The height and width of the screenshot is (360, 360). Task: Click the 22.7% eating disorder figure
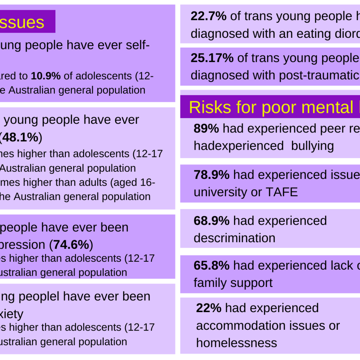point(208,16)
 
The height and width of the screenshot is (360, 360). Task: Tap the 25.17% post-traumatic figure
point(212,58)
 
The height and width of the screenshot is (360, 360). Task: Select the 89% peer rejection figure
point(206,128)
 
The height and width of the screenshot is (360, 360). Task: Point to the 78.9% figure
point(211,175)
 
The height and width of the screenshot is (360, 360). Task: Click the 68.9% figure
point(211,221)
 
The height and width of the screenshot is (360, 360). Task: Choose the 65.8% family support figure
point(211,265)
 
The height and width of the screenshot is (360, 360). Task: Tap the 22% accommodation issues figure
point(209,308)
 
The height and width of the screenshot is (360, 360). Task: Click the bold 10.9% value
point(46,76)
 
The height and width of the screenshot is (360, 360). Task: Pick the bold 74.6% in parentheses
point(71,245)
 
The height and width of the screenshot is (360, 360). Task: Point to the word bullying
point(312,146)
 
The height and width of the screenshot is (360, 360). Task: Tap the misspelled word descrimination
point(234,238)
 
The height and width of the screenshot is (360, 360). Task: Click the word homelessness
point(237,343)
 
